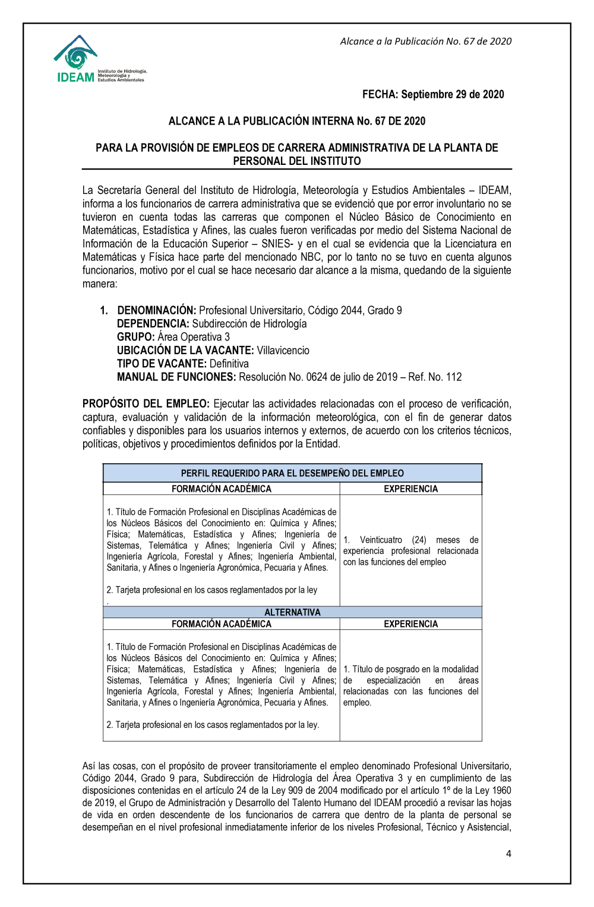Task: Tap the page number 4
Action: coord(508,854)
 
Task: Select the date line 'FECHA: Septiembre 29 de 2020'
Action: coord(433,94)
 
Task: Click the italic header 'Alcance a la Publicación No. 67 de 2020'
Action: coord(425,42)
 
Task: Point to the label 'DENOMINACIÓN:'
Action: coord(156,310)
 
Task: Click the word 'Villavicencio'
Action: coord(283,351)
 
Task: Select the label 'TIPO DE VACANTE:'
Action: coord(162,364)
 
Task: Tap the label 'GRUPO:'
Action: coord(135,337)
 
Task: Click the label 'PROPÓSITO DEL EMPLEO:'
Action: coord(146,404)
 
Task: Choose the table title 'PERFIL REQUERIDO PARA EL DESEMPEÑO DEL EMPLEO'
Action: coord(292,473)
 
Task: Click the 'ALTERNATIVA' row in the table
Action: coord(292,612)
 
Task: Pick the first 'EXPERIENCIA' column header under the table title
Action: coord(410,489)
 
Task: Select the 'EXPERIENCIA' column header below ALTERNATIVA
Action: coord(410,624)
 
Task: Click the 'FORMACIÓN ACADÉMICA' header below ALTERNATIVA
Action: coord(222,624)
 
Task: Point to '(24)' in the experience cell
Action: coord(419,540)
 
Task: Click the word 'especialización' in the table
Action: coord(393,680)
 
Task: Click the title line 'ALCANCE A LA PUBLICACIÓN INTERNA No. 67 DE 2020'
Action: coord(297,121)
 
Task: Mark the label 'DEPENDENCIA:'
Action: coord(153,324)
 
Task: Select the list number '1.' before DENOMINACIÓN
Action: coord(104,310)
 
